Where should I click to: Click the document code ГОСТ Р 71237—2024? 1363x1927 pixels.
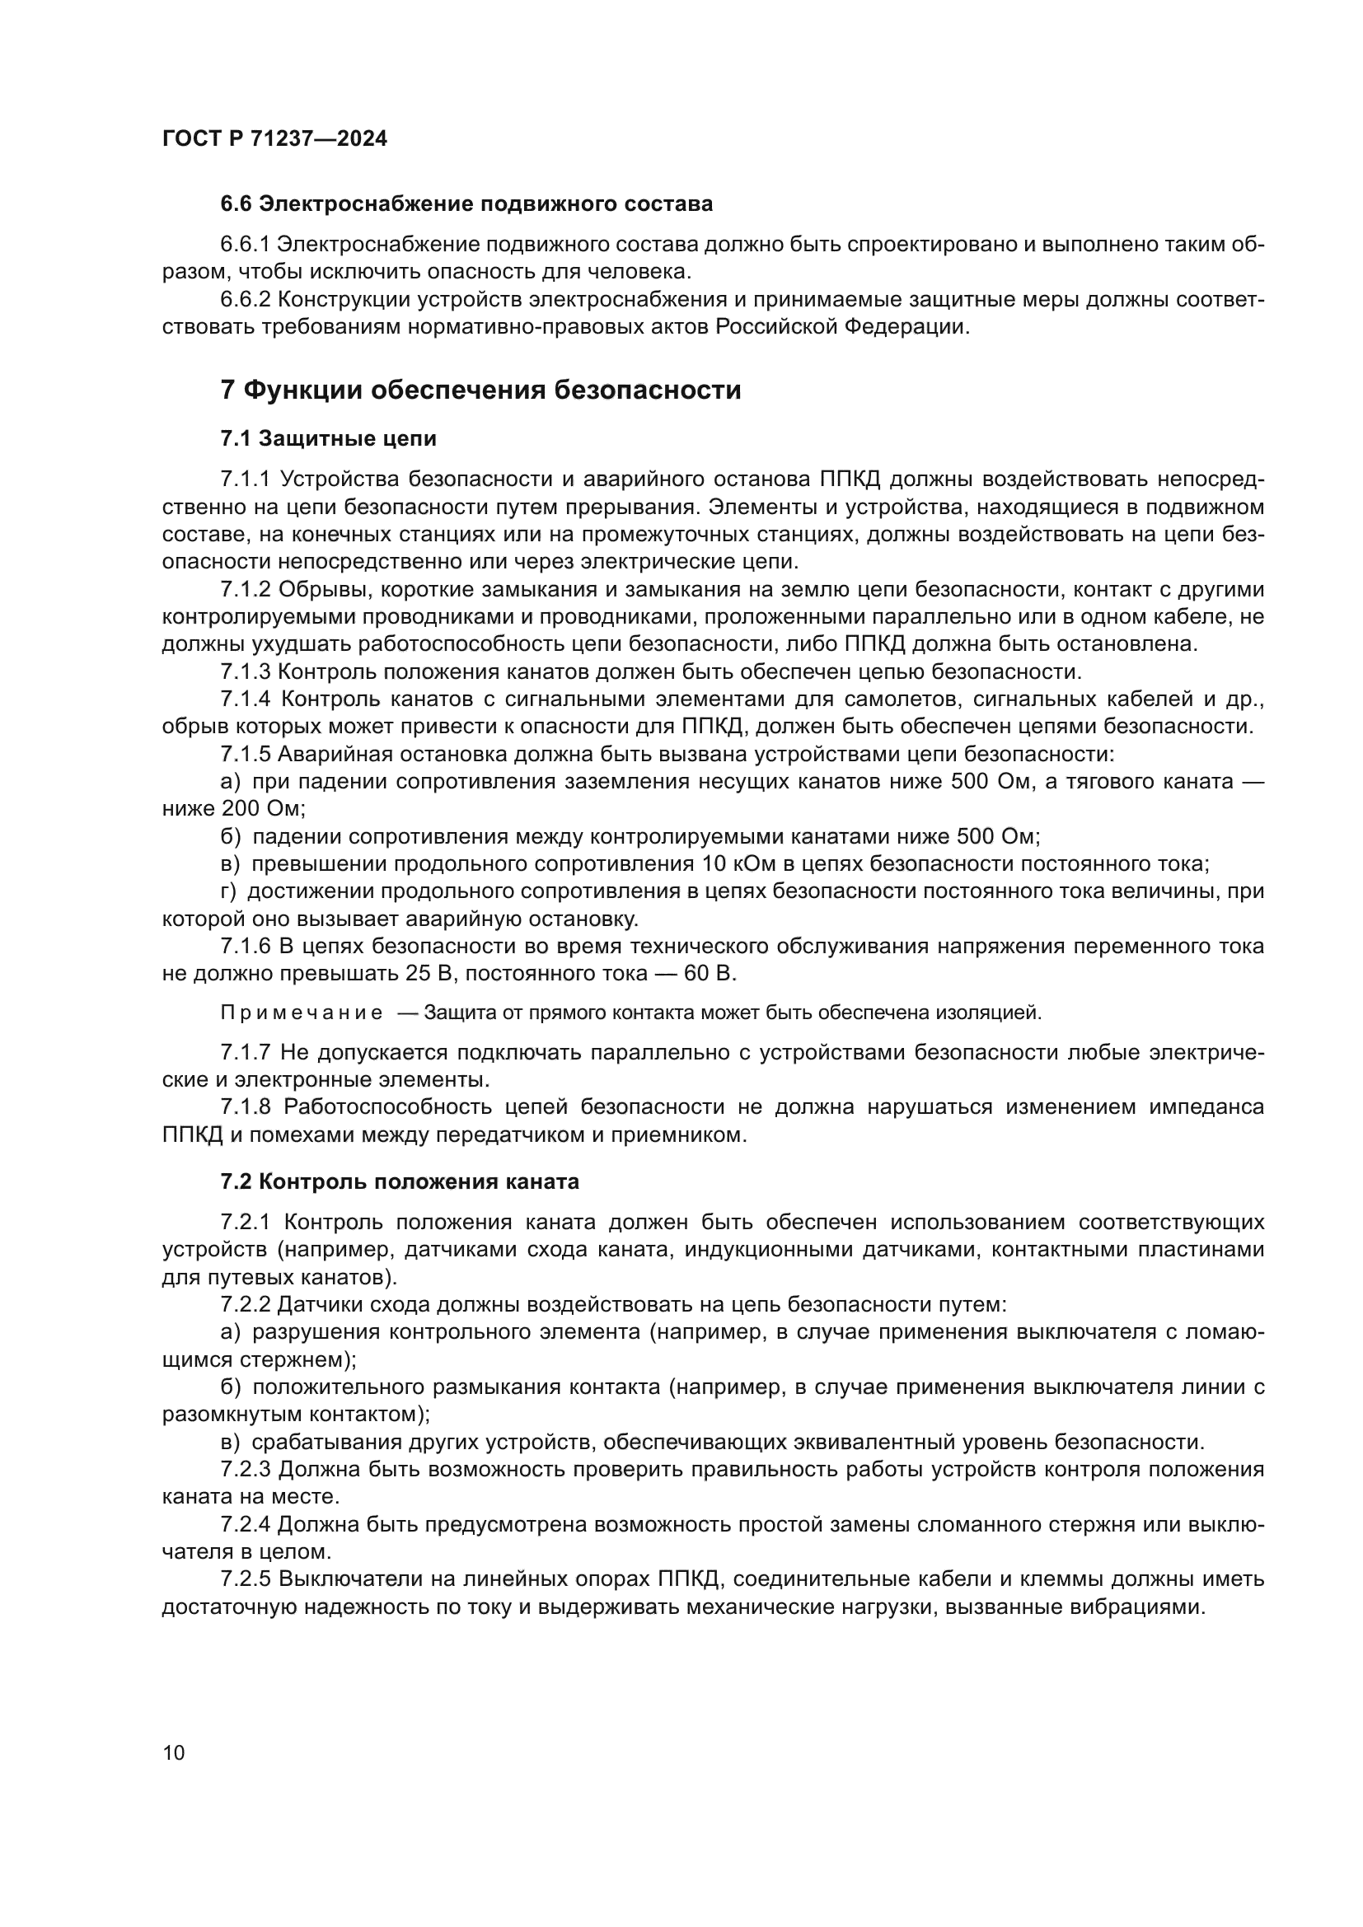coord(274,138)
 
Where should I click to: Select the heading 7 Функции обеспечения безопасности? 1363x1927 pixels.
coord(481,391)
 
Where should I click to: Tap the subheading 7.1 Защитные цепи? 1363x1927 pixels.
coord(328,438)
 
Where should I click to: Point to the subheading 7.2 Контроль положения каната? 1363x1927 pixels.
coord(400,1181)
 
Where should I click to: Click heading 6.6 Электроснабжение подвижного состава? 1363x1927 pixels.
coord(466,204)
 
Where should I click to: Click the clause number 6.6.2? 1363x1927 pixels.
coord(245,300)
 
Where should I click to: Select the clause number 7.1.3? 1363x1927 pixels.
coord(245,671)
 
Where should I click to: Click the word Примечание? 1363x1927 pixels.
coord(302,1013)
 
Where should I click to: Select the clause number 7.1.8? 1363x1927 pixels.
coord(246,1107)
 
